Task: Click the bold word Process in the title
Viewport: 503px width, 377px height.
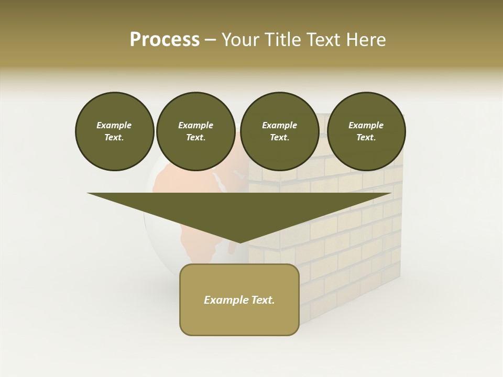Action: (x=165, y=40)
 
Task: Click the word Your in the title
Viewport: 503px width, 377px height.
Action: (x=241, y=40)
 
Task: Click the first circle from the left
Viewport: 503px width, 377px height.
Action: (x=114, y=131)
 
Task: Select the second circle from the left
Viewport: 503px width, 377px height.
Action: (x=195, y=131)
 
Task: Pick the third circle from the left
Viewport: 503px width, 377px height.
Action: (x=279, y=131)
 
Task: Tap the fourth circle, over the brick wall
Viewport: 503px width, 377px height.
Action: (x=366, y=131)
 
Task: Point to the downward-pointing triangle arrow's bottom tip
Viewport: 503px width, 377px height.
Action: (x=239, y=242)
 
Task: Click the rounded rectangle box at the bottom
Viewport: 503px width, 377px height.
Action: (x=239, y=314)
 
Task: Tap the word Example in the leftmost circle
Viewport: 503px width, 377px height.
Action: (x=114, y=125)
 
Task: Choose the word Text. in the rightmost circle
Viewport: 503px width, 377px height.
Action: (x=366, y=138)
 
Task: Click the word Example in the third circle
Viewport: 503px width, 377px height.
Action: (x=279, y=125)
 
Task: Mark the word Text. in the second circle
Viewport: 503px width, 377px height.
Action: (x=195, y=138)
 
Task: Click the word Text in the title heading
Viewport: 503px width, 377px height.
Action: (x=325, y=40)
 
